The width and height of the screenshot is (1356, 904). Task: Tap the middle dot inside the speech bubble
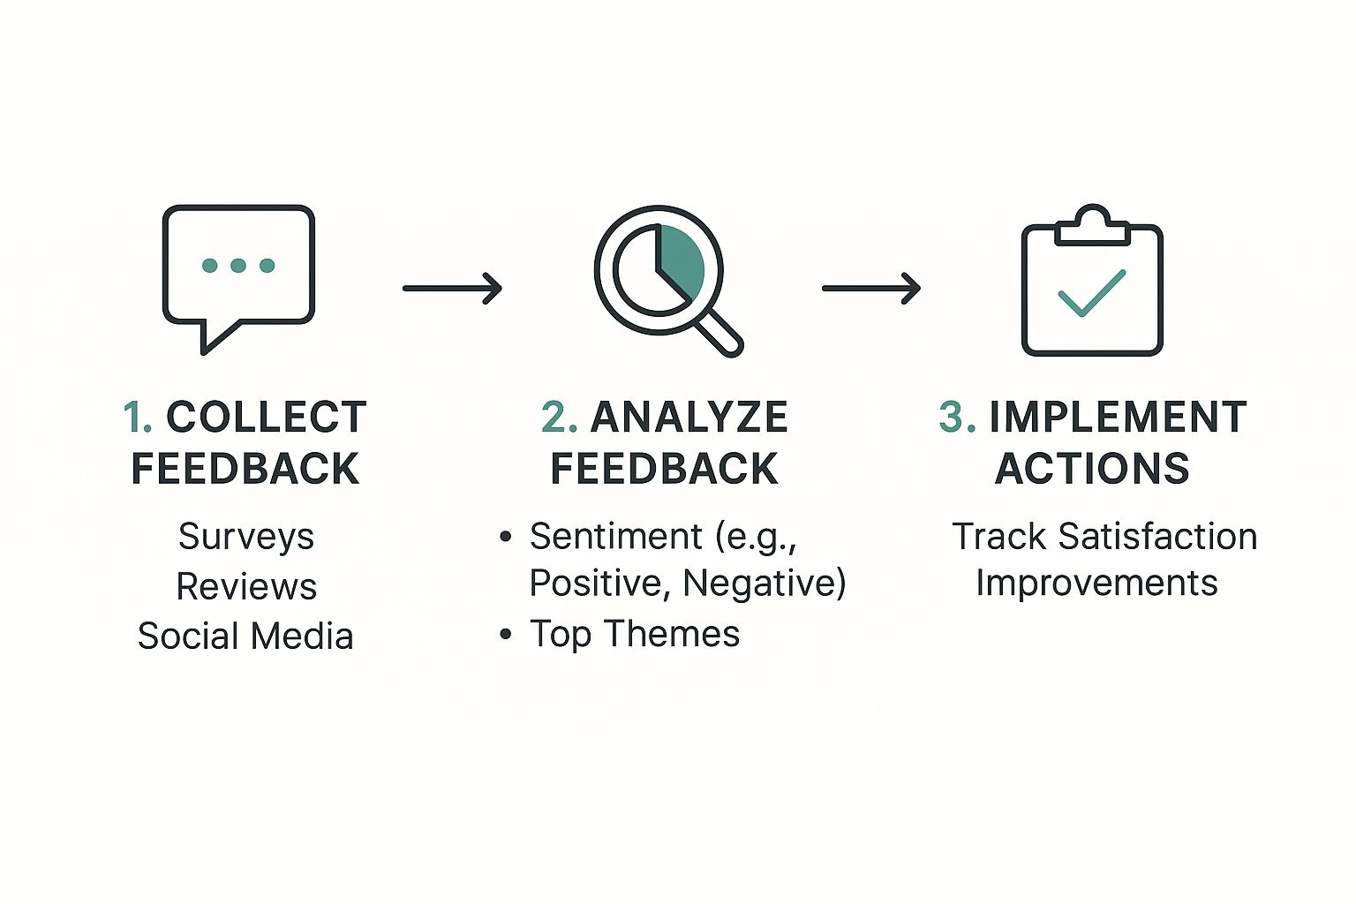pyautogui.click(x=238, y=265)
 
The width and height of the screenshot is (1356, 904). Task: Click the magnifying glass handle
pyautogui.click(x=719, y=334)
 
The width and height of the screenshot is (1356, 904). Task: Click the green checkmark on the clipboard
pyautogui.click(x=1091, y=293)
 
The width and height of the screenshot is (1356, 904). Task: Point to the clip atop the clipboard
pyautogui.click(x=1092, y=226)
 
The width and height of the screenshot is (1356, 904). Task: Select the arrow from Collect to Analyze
pyautogui.click(x=452, y=288)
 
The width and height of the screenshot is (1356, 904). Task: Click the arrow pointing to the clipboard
pyautogui.click(x=871, y=288)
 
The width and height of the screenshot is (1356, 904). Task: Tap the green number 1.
pyautogui.click(x=138, y=418)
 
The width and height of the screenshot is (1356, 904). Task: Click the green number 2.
pyautogui.click(x=559, y=418)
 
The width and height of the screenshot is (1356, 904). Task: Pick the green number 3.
pyautogui.click(x=957, y=418)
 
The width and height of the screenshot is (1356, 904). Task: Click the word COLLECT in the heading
pyautogui.click(x=267, y=418)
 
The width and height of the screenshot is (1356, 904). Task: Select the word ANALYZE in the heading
pyautogui.click(x=689, y=418)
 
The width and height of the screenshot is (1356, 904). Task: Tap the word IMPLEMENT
pyautogui.click(x=1119, y=418)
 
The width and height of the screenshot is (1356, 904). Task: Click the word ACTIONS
pyautogui.click(x=1092, y=469)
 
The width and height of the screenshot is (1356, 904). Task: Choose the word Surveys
pyautogui.click(x=246, y=538)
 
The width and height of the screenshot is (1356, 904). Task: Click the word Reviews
pyautogui.click(x=246, y=587)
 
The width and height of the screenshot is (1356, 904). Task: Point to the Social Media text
pyautogui.click(x=245, y=637)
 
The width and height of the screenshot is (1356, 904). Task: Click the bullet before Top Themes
pyautogui.click(x=506, y=635)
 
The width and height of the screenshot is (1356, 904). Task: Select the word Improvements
pyautogui.click(x=1096, y=584)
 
